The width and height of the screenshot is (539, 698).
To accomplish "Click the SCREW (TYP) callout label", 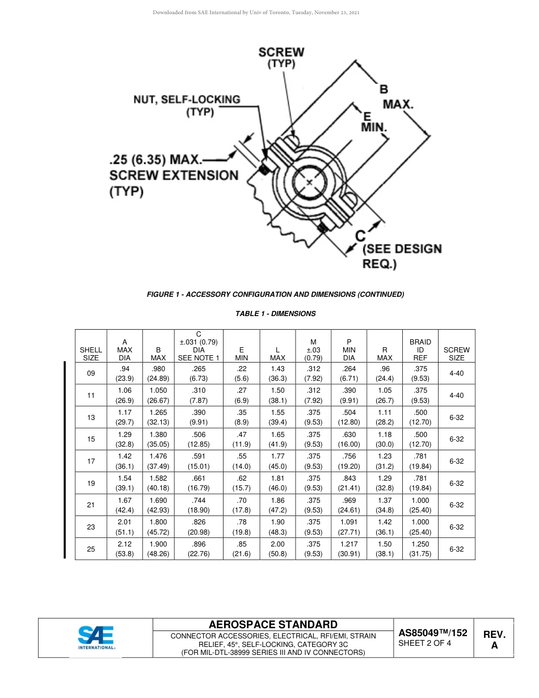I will tap(281, 57).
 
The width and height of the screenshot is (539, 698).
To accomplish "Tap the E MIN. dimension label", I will tap(373, 121).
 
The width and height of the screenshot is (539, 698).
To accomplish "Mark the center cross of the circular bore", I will tap(309, 183).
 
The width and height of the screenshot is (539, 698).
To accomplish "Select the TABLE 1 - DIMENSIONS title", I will tap(275, 314).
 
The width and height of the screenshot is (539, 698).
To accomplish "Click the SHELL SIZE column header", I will tap(91, 354).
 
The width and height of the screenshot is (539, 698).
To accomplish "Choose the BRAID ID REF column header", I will tap(420, 350).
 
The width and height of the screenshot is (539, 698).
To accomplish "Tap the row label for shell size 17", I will tap(91, 461).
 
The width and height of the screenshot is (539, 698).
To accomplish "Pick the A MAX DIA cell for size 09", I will tap(124, 373).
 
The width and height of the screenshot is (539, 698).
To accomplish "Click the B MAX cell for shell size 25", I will tap(158, 549).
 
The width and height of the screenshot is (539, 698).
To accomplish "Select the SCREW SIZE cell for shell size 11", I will tap(456, 396).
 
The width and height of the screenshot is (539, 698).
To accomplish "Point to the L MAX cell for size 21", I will tap(277, 505).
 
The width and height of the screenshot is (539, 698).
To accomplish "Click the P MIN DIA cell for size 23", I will tap(349, 527).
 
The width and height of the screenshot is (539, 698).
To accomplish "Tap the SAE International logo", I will tap(96, 637).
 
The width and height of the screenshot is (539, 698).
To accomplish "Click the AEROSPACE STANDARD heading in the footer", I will tap(273, 625).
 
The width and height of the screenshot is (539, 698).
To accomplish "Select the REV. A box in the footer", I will tap(494, 639).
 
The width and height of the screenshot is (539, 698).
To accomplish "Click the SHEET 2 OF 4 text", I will tap(424, 644).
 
